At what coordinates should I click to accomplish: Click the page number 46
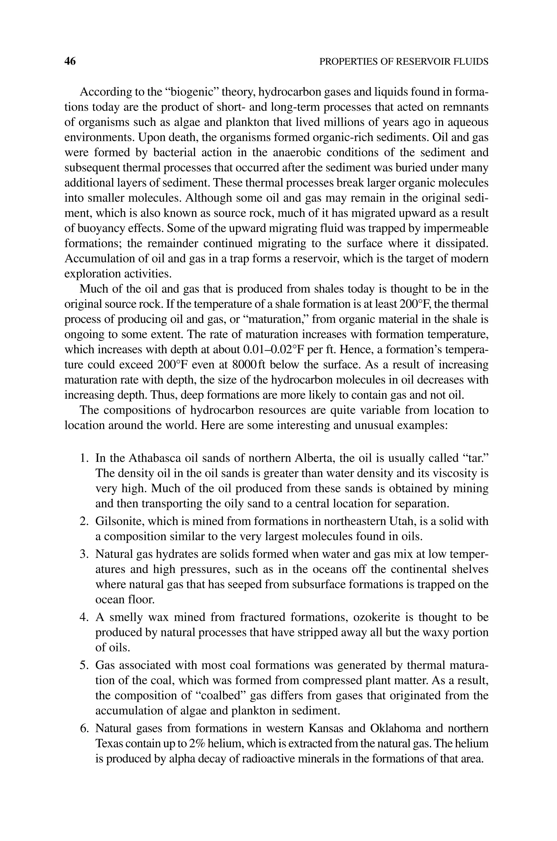[70, 61]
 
